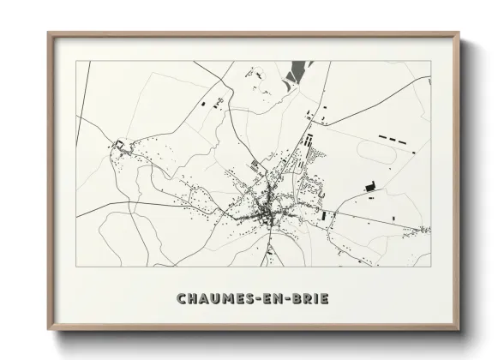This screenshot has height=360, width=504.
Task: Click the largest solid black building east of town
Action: point(370,185)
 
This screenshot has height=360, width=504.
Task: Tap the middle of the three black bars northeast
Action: point(397,138)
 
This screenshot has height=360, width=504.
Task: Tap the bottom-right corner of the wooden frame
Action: point(459,329)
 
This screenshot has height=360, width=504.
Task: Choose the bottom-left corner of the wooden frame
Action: point(49,329)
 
